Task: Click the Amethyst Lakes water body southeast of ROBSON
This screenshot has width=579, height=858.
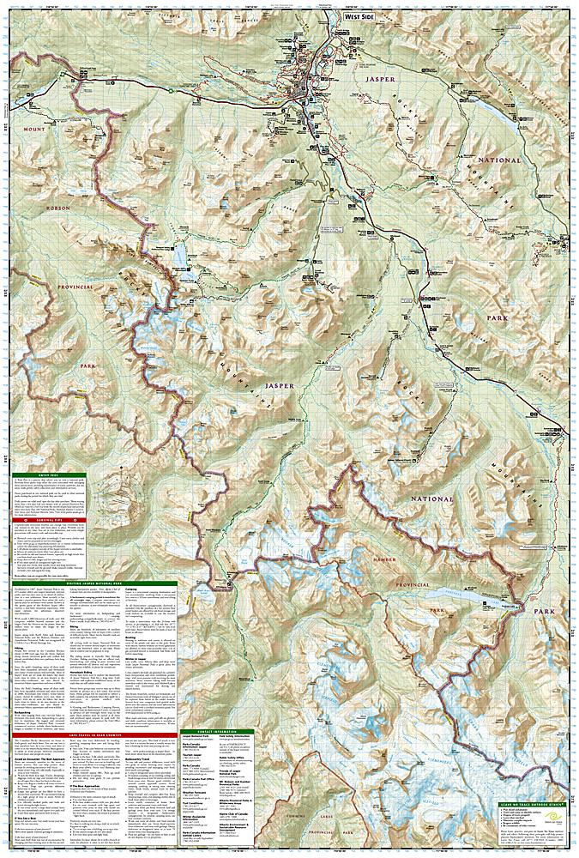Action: (182, 255)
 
